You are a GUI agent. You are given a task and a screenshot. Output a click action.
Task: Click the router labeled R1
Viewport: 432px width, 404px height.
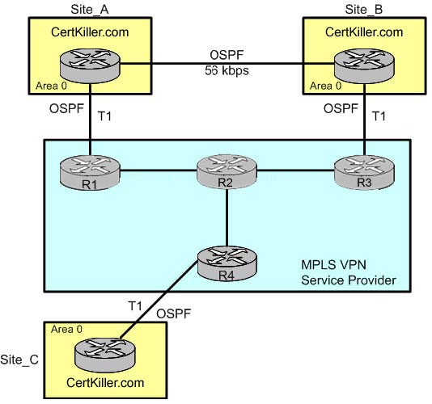click(x=90, y=173)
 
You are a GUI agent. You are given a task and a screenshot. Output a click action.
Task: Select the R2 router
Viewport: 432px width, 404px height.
click(x=227, y=172)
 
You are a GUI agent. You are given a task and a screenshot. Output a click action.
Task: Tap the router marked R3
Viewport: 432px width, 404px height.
click(x=364, y=173)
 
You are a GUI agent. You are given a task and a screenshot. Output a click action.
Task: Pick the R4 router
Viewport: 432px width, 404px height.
click(x=227, y=263)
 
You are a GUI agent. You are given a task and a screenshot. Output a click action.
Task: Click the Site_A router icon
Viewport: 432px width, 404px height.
click(x=90, y=66)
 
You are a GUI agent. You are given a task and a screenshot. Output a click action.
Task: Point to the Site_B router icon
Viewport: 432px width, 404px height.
click(x=364, y=66)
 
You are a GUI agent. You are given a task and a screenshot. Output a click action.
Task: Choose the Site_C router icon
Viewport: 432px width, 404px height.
click(x=104, y=356)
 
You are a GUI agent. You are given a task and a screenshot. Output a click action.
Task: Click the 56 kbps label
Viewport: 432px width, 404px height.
click(x=227, y=70)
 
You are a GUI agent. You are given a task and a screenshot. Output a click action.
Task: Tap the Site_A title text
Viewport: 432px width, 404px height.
click(x=90, y=10)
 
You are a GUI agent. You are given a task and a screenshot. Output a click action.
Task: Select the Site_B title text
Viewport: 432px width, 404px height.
click(x=364, y=10)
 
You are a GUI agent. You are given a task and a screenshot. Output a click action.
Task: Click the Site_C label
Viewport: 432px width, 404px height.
click(x=19, y=360)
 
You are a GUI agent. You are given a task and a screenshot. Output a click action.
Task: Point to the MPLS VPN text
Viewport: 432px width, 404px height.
click(x=333, y=265)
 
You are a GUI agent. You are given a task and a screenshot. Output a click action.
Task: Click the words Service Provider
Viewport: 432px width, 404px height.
click(x=349, y=280)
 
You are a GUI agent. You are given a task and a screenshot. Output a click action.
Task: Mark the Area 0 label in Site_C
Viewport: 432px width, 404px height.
click(x=66, y=329)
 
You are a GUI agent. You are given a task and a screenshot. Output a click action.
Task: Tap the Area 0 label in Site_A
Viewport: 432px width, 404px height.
click(x=51, y=86)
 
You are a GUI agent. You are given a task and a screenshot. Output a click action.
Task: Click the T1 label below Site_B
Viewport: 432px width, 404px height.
click(x=379, y=116)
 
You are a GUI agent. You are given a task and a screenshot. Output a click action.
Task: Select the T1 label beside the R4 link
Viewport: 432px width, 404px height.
click(x=135, y=305)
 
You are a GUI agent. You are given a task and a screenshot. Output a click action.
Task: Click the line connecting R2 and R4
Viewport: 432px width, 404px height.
click(x=227, y=217)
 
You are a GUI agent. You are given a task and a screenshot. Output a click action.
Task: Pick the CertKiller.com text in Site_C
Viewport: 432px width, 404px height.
click(x=105, y=382)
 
